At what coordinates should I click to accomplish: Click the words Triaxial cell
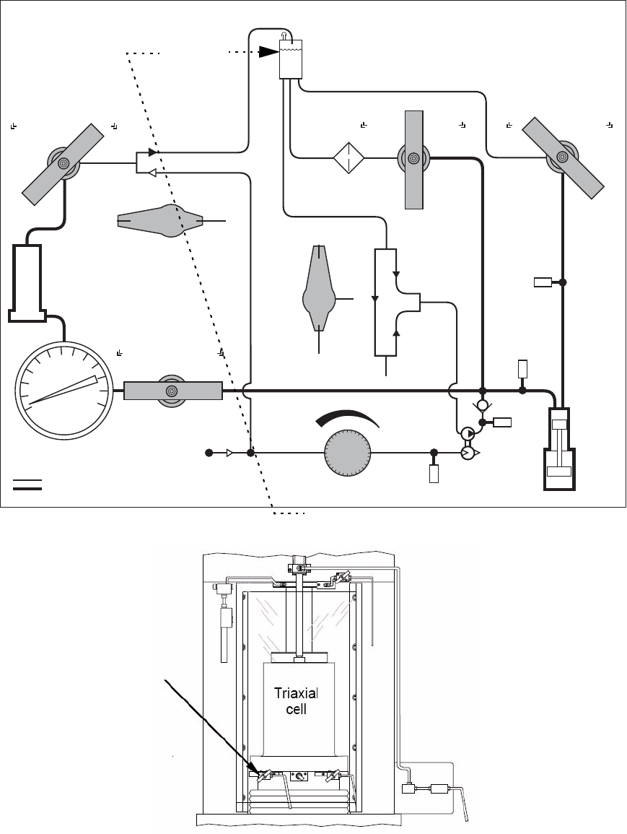click(x=296, y=701)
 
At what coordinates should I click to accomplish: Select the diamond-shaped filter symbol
click(x=348, y=157)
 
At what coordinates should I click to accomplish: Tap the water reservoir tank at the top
click(x=291, y=59)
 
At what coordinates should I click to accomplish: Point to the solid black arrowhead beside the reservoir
click(x=269, y=51)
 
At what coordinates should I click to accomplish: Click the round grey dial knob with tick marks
click(x=348, y=453)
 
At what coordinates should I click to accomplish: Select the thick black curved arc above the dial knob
click(x=348, y=417)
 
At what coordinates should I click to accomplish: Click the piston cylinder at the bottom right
click(x=559, y=449)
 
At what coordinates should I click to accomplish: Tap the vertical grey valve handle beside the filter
click(x=414, y=160)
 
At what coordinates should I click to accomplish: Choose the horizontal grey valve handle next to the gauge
click(x=173, y=391)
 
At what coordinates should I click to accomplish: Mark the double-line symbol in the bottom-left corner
click(x=27, y=484)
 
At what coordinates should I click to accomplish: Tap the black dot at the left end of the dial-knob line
click(x=209, y=453)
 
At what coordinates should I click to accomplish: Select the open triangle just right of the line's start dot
click(x=229, y=453)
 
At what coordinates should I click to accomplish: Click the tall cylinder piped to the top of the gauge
click(x=25, y=283)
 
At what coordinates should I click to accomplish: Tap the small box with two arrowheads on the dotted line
click(x=146, y=162)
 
